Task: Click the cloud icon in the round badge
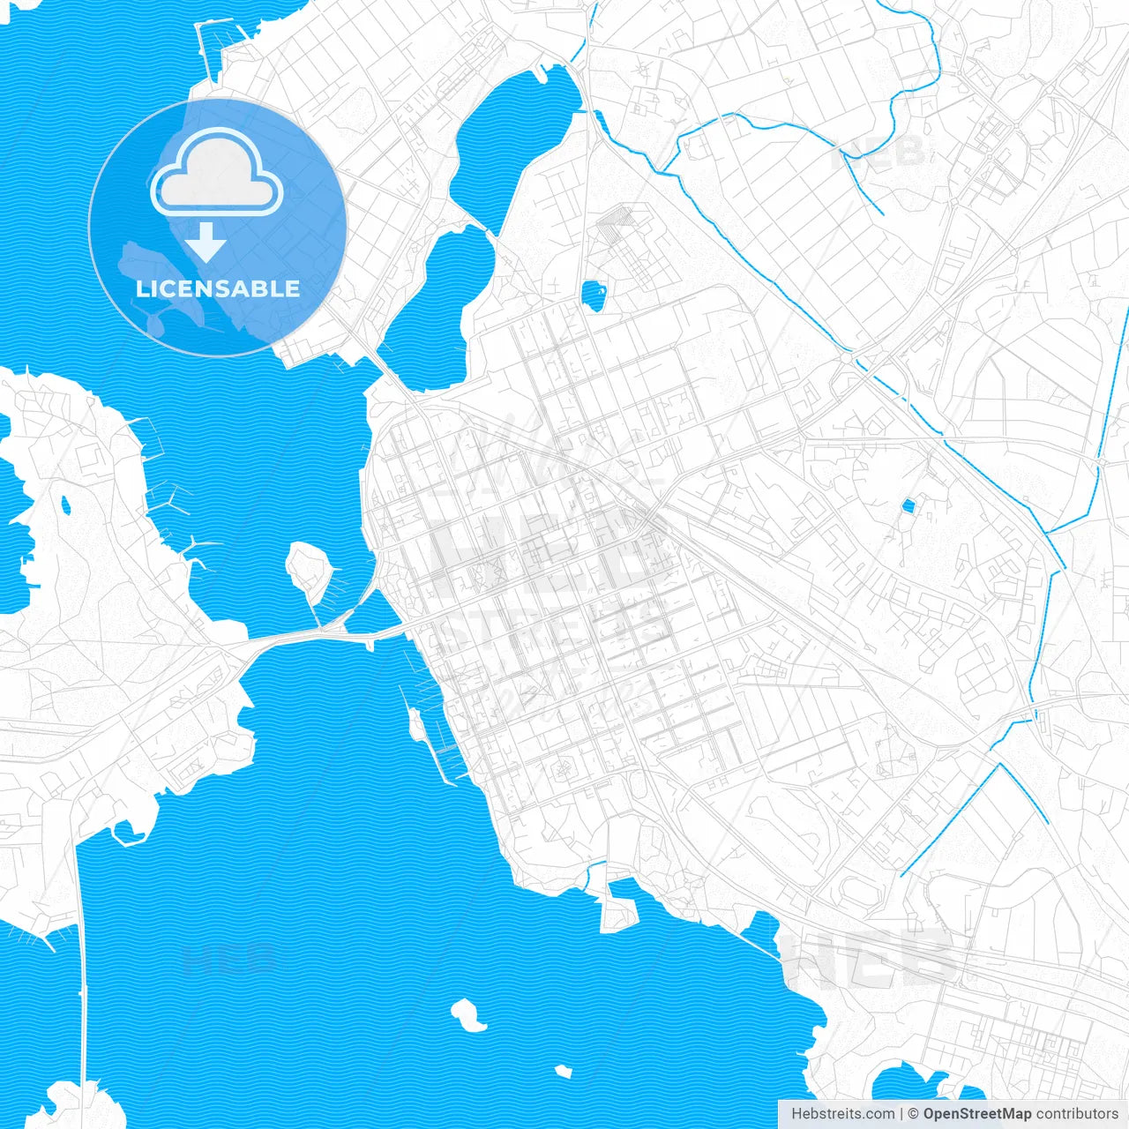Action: [217, 173]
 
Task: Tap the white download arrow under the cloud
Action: [206, 242]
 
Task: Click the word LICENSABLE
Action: [218, 288]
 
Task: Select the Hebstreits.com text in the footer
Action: [843, 1114]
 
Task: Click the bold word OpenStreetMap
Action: [977, 1114]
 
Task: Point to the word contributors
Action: [1077, 1114]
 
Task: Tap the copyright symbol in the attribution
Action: [913, 1114]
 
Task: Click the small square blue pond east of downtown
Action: [908, 505]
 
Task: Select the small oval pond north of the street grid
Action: [594, 295]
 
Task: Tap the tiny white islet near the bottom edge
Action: [563, 1072]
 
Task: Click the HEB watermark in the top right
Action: [879, 152]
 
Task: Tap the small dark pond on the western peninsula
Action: [64, 505]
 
